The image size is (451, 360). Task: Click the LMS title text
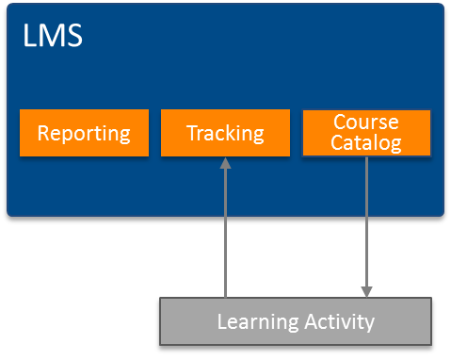[x=52, y=37]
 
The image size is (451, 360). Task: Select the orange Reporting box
[x=84, y=133]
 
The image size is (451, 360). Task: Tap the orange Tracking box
[x=225, y=133]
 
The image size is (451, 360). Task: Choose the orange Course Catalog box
[x=366, y=133]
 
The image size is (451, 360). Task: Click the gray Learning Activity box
[x=296, y=321]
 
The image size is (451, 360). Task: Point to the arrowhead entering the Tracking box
[x=225, y=164]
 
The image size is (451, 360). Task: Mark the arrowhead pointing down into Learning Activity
[x=366, y=291]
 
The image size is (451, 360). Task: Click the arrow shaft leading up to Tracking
[x=225, y=236]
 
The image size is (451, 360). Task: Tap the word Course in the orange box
[x=366, y=123]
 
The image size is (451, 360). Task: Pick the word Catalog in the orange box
[x=366, y=143]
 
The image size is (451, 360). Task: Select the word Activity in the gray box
[x=337, y=322]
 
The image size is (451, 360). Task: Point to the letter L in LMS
[x=29, y=37]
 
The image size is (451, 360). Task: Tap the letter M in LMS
[x=51, y=37]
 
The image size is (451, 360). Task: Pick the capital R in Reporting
[x=43, y=133]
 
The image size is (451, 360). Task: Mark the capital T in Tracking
[x=191, y=133]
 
